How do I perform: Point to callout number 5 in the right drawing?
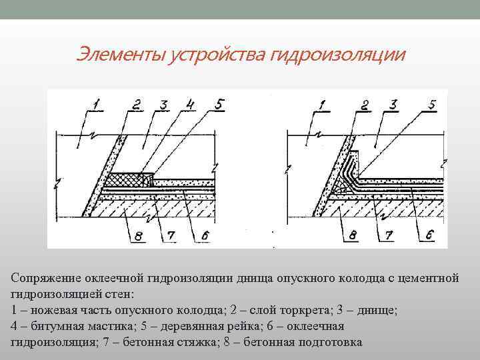[x=433, y=105]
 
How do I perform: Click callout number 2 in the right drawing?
[x=365, y=105]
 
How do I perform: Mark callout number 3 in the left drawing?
[x=163, y=105]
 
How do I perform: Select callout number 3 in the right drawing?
[x=393, y=105]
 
